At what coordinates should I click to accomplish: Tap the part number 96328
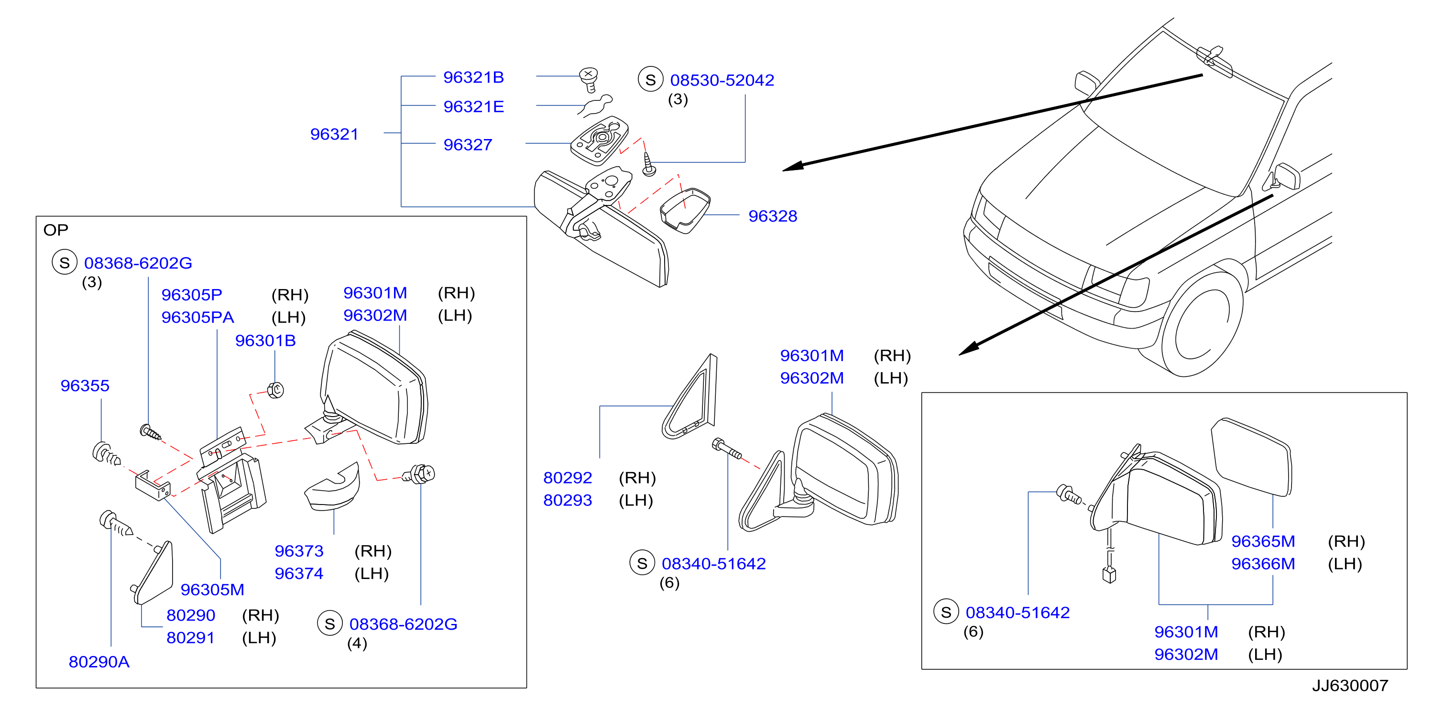click(x=773, y=216)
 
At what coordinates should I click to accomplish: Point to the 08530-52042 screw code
click(x=722, y=80)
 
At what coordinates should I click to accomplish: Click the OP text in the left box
click(x=55, y=230)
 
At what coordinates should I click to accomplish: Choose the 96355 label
click(x=85, y=386)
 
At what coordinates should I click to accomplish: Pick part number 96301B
click(x=265, y=341)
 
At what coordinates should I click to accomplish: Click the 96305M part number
click(x=212, y=590)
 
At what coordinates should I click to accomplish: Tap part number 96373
click(x=299, y=551)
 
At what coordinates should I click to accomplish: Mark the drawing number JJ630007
click(x=1350, y=686)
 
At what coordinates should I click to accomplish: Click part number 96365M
click(x=1263, y=542)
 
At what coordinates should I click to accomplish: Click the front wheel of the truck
click(x=1203, y=325)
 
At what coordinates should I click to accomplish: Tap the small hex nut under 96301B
click(x=275, y=389)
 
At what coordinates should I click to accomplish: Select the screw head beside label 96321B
click(x=588, y=79)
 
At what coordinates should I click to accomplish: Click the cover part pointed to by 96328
click(x=685, y=211)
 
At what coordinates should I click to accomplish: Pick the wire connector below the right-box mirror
click(x=1109, y=574)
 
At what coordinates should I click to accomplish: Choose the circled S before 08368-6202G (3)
click(x=65, y=262)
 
